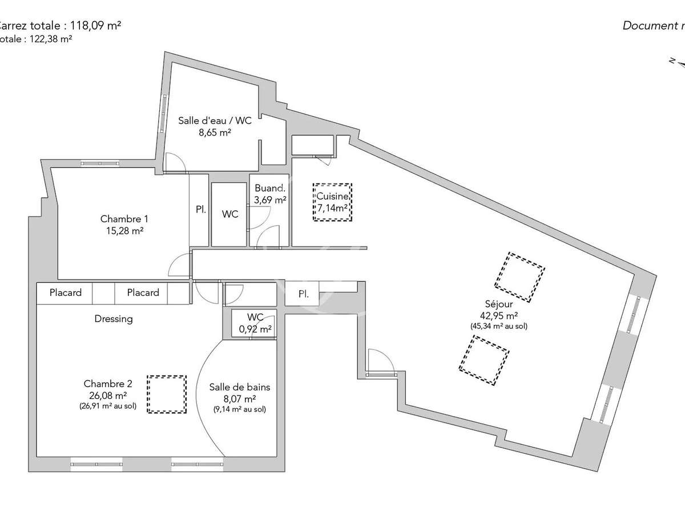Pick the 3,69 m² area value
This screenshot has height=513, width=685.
pyautogui.click(x=269, y=199)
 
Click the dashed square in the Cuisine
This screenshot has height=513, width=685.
pyautogui.click(x=333, y=202)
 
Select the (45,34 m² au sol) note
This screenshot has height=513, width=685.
pyautogui.click(x=499, y=327)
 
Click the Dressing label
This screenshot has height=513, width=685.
pyautogui.click(x=114, y=319)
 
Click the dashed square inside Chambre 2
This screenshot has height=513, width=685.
pyautogui.click(x=166, y=394)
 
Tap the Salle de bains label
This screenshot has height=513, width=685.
pyautogui.click(x=240, y=388)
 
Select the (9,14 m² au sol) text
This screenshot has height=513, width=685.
pyautogui.click(x=240, y=409)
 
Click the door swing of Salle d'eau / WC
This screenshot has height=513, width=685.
pyautogui.click(x=175, y=162)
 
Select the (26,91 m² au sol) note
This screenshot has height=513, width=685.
pyautogui.click(x=107, y=406)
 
